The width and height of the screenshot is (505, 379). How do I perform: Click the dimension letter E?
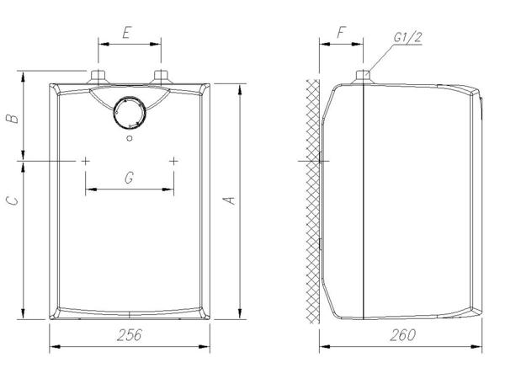tap(126, 33)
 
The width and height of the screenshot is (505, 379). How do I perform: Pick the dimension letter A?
tap(228, 200)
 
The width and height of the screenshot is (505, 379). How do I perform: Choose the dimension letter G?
tap(129, 177)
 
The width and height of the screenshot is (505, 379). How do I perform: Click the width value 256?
tap(129, 335)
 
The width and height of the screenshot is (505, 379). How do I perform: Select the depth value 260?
tap(403, 335)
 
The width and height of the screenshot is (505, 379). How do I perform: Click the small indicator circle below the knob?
tap(129, 138)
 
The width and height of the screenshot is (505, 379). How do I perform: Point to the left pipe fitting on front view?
tap(99, 78)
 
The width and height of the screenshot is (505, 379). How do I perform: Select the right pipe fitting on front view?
tap(160, 78)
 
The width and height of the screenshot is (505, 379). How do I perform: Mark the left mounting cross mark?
tap(86, 160)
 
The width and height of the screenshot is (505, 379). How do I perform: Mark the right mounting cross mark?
tap(173, 160)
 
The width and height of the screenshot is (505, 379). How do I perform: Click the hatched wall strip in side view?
tap(313, 202)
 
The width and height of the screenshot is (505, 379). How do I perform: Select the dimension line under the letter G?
tap(130, 189)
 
